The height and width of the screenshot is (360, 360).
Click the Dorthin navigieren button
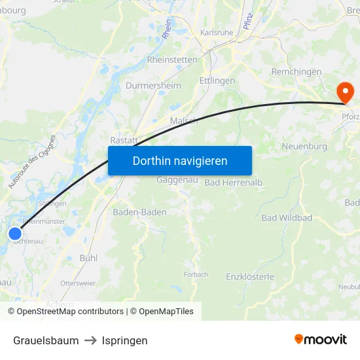pyautogui.click(x=180, y=160)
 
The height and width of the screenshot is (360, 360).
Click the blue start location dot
pyautogui.click(x=15, y=234)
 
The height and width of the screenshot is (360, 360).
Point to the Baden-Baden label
pyautogui.click(x=139, y=212)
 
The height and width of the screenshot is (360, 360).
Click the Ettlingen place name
pyautogui.click(x=217, y=81)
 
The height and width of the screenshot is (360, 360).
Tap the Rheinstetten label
pyautogui.click(x=172, y=60)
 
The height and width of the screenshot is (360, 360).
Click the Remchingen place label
pyautogui.click(x=296, y=71)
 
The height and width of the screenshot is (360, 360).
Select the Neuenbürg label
pyautogui.click(x=304, y=147)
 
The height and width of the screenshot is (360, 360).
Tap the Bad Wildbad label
pyautogui.click(x=287, y=217)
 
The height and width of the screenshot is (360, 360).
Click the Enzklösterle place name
pyautogui.click(x=250, y=277)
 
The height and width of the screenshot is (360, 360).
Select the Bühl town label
pyautogui.click(x=88, y=258)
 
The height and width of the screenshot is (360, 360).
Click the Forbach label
pyautogui.click(x=196, y=274)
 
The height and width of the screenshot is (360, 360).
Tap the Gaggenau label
pyautogui.click(x=173, y=180)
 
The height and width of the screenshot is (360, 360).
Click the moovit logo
pyautogui.click(x=320, y=340)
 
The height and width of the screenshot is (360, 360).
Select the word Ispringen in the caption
pyautogui.click(x=124, y=340)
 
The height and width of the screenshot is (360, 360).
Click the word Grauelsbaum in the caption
pyautogui.click(x=46, y=340)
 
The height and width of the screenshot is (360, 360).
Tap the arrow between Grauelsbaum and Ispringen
pyautogui.click(x=90, y=340)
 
